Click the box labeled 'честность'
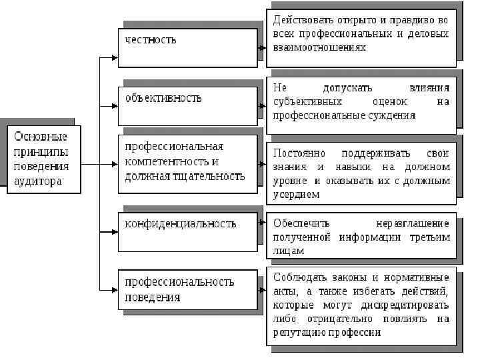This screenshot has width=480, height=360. [187, 47]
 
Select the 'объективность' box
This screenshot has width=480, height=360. [187, 105]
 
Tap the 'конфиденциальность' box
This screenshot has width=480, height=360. [187, 231]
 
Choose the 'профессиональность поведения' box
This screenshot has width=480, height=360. [187, 289]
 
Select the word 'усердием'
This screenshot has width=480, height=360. [297, 194]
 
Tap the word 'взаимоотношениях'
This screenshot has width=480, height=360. [319, 49]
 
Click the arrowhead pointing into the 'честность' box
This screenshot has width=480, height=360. [115, 57]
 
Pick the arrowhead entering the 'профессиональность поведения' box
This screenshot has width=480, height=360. [115, 290]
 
